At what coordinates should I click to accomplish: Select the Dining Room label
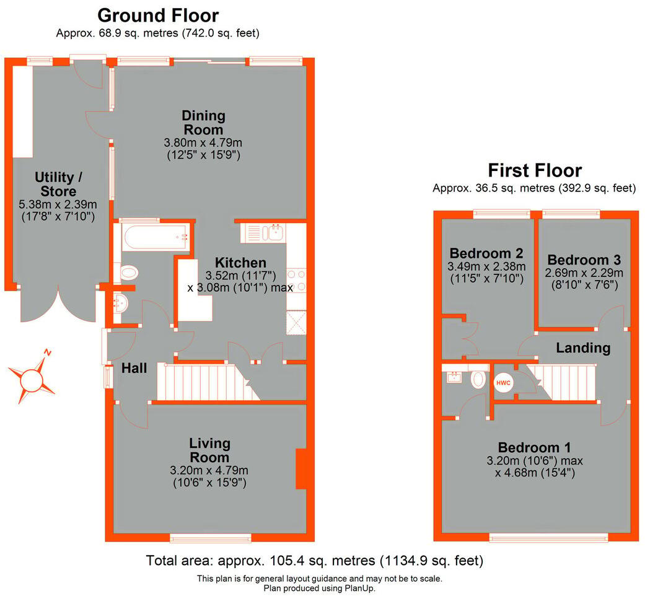tap(203, 123)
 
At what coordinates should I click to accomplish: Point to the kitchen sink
tap(273, 233)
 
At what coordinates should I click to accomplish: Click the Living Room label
tap(210, 450)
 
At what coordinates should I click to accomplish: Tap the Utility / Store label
tap(55, 185)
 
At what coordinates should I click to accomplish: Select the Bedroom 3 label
tap(584, 260)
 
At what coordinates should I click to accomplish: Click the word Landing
tap(583, 348)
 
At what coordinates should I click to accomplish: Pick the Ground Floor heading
tap(158, 15)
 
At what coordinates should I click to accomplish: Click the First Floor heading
tap(535, 170)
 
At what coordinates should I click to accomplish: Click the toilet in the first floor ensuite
tap(479, 379)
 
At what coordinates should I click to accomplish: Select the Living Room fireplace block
tap(301, 469)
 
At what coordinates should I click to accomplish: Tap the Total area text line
tap(314, 561)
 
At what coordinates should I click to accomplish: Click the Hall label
tap(134, 368)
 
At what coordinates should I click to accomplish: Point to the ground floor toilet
tap(129, 271)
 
